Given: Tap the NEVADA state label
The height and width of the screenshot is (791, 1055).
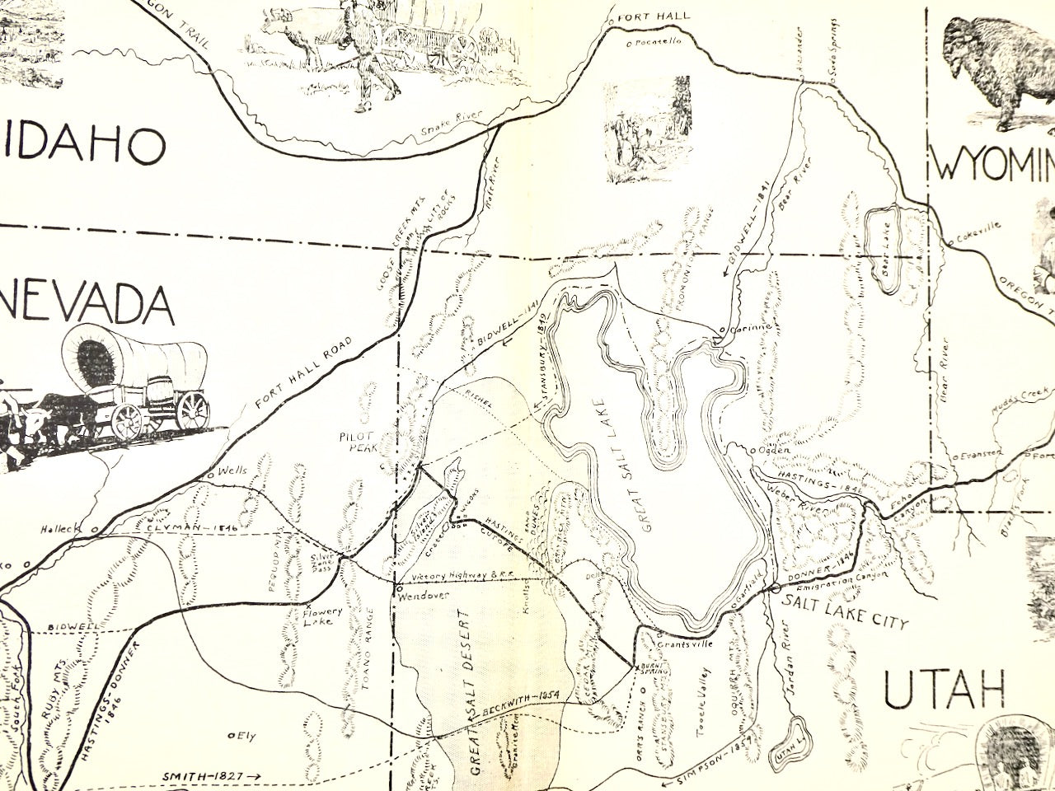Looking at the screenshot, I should (87, 305).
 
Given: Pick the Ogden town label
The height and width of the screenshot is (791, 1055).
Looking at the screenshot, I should (774, 450).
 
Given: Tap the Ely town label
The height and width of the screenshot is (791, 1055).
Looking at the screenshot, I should (244, 735).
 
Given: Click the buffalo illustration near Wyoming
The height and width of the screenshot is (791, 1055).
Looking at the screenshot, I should (993, 74).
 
